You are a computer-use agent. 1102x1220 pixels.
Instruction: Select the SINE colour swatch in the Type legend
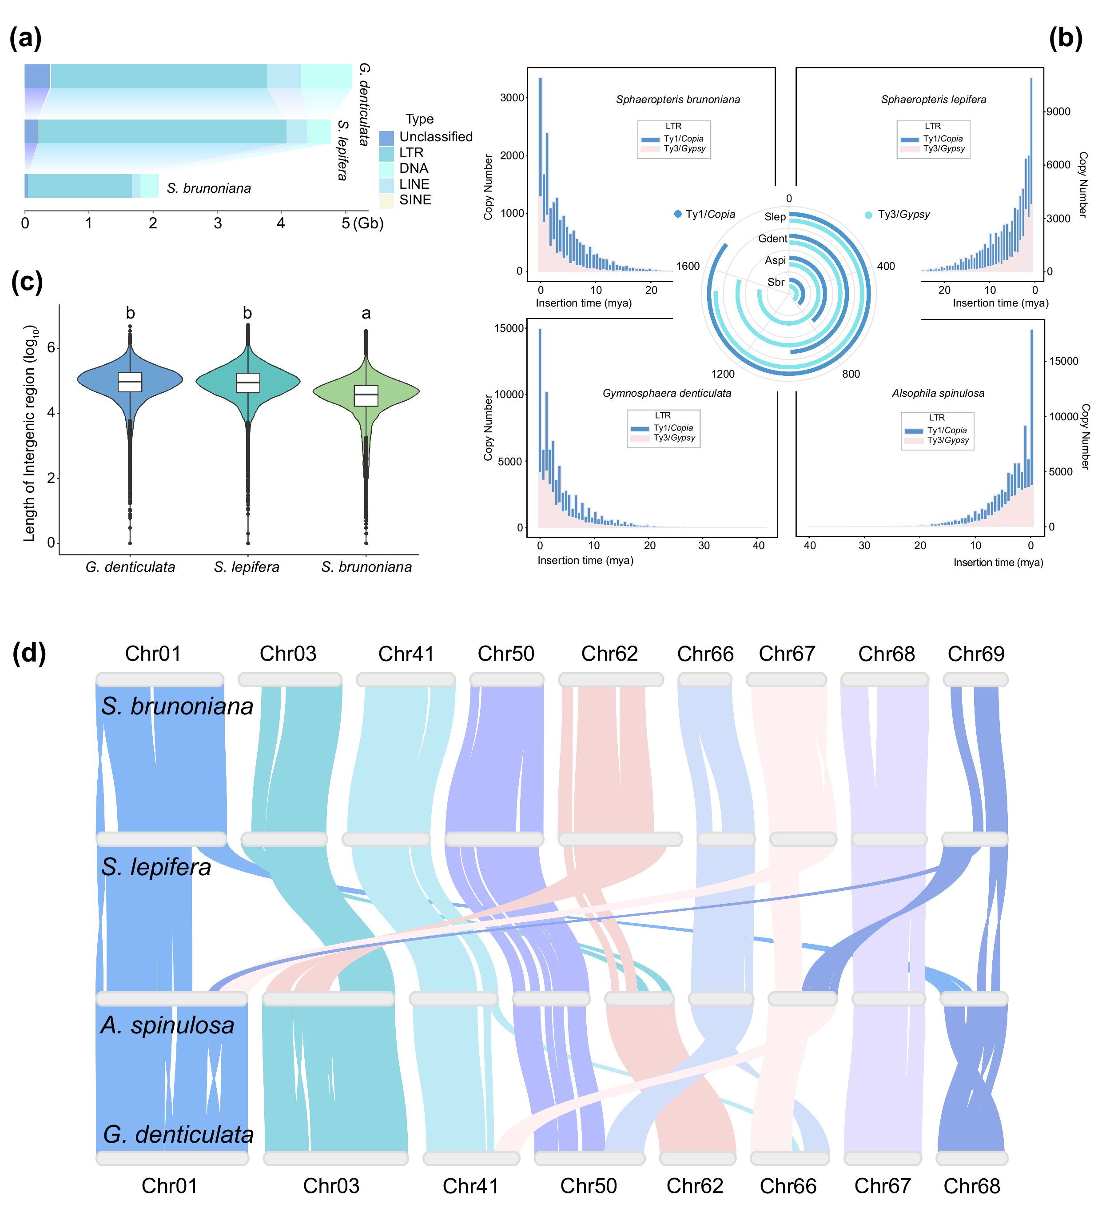(x=386, y=200)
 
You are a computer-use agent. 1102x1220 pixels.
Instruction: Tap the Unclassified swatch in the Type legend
(x=386, y=137)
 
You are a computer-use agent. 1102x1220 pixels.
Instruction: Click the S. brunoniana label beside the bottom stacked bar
(x=208, y=188)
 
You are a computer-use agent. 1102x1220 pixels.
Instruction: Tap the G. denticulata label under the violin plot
(x=130, y=567)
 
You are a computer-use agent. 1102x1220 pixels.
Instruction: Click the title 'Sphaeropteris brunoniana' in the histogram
(x=677, y=99)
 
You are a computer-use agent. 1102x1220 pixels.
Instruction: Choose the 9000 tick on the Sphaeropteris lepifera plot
(x=1058, y=112)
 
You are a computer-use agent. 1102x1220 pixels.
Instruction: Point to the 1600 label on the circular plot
(x=688, y=266)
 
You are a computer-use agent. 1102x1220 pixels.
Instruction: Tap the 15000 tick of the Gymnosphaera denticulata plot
(x=508, y=328)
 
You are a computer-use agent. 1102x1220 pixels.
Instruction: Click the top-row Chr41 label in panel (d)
(x=406, y=654)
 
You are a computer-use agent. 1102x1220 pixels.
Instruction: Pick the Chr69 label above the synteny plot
(x=975, y=654)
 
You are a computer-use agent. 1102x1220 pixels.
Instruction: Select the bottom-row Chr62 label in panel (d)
(x=695, y=1185)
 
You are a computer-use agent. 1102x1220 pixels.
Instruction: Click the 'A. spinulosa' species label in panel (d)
(x=167, y=1025)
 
